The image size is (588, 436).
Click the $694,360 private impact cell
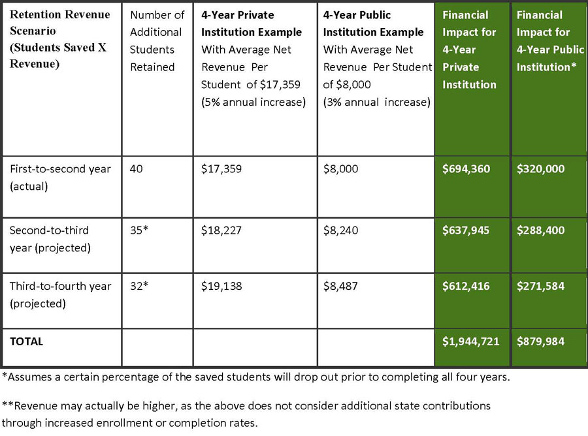[x=466, y=169]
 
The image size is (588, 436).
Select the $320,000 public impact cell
[x=540, y=169]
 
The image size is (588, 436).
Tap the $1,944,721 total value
[x=470, y=341]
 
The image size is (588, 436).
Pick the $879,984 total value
[x=540, y=341]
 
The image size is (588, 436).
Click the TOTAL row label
[x=27, y=341]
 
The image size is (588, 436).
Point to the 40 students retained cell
[x=136, y=169]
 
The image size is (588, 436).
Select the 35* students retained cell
[x=139, y=230]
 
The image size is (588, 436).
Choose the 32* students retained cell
[x=139, y=286]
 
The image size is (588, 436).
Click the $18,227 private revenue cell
[x=221, y=230]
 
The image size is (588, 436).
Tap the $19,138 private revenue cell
[x=221, y=286]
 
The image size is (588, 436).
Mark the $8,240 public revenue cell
[x=340, y=230]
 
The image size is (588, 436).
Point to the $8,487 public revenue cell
[x=340, y=286]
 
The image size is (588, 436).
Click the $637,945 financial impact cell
[x=466, y=230]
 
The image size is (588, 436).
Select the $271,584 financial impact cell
[x=540, y=286]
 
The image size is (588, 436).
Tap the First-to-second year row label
[x=60, y=178]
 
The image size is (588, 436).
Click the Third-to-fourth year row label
[x=60, y=295]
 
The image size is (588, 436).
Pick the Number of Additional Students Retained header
[x=157, y=41]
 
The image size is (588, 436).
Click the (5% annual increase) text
[x=253, y=102]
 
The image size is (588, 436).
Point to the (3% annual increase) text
[x=376, y=102]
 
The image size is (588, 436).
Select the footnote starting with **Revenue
[x=246, y=414]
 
